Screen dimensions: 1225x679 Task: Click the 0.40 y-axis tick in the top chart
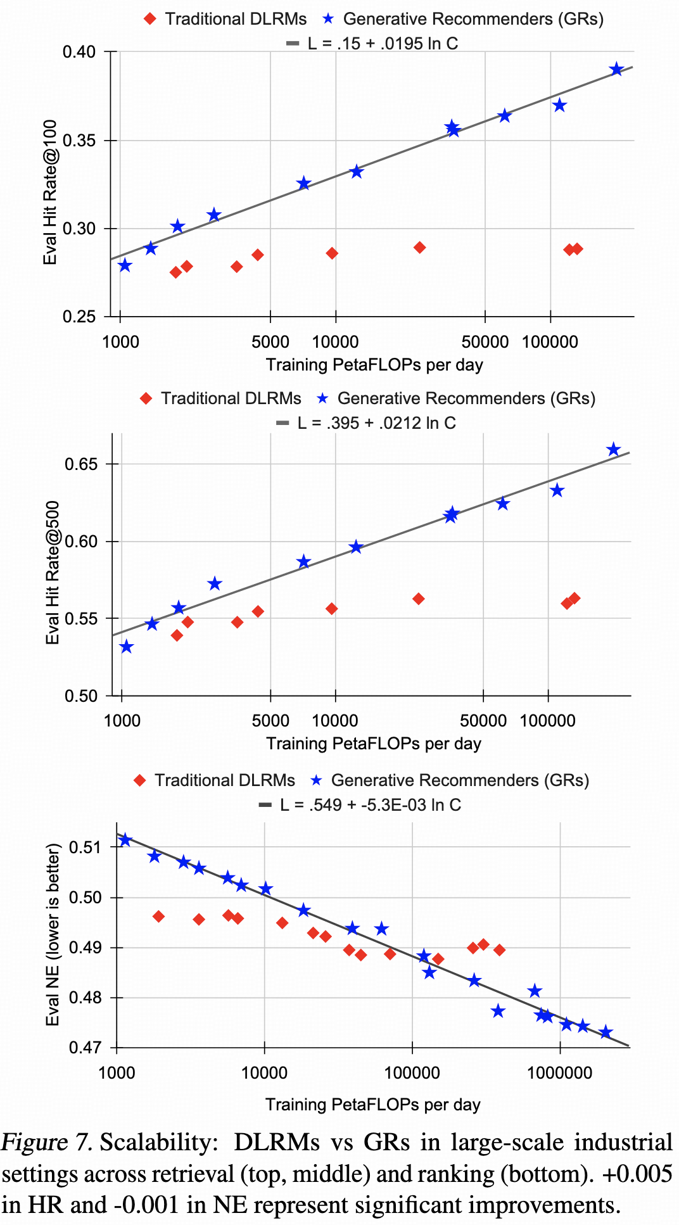click(79, 52)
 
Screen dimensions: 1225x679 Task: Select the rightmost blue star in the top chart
click(616, 70)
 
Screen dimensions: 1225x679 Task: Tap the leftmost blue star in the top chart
click(125, 265)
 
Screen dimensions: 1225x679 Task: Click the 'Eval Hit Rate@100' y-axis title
click(50, 193)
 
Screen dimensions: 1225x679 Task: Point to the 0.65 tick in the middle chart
click(81, 464)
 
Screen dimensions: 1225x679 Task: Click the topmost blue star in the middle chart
click(613, 450)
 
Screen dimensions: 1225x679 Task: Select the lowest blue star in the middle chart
click(127, 647)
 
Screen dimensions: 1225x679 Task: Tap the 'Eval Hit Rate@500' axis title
click(52, 573)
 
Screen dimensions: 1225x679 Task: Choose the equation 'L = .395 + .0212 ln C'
click(376, 423)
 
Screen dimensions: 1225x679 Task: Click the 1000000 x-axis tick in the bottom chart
click(560, 1072)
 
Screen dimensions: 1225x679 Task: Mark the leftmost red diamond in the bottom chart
click(158, 917)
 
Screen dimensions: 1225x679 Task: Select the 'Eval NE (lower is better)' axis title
click(53, 934)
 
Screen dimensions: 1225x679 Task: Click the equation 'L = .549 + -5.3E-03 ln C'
click(370, 805)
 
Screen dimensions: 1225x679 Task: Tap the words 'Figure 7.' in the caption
click(47, 1143)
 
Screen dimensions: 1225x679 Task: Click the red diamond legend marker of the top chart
click(150, 19)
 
